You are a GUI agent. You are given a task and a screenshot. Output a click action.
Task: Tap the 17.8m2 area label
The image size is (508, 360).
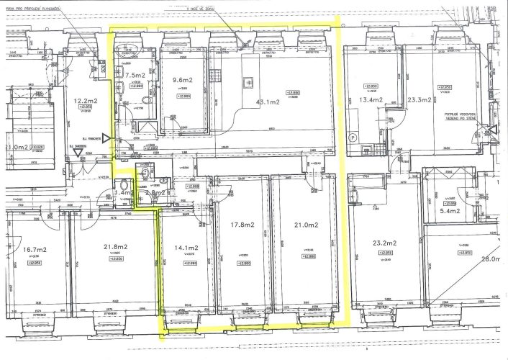[243, 225]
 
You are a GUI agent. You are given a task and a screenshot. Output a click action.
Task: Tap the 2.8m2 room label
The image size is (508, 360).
[156, 194]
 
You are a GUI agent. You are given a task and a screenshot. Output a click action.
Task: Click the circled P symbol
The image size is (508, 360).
[353, 137]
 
